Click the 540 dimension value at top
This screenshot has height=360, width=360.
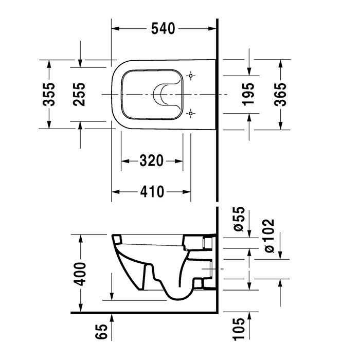click(x=164, y=29)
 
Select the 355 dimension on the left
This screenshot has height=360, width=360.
click(x=48, y=94)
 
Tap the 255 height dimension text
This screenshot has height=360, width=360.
click(x=80, y=94)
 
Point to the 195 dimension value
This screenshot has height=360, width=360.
click(x=248, y=94)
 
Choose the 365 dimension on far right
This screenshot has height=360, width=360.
click(x=280, y=94)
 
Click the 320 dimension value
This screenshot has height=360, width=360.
click(x=152, y=161)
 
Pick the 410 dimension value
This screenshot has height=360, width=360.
click(x=152, y=192)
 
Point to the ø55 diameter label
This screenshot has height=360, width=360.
click(x=238, y=220)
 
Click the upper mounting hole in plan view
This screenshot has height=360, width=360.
click(x=191, y=76)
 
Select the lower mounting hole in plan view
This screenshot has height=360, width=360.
click(x=191, y=113)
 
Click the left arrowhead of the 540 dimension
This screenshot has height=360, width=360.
click(x=116, y=29)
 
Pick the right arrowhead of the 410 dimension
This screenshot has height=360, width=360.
click(x=188, y=192)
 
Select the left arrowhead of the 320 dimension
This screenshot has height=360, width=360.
click(x=124, y=161)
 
